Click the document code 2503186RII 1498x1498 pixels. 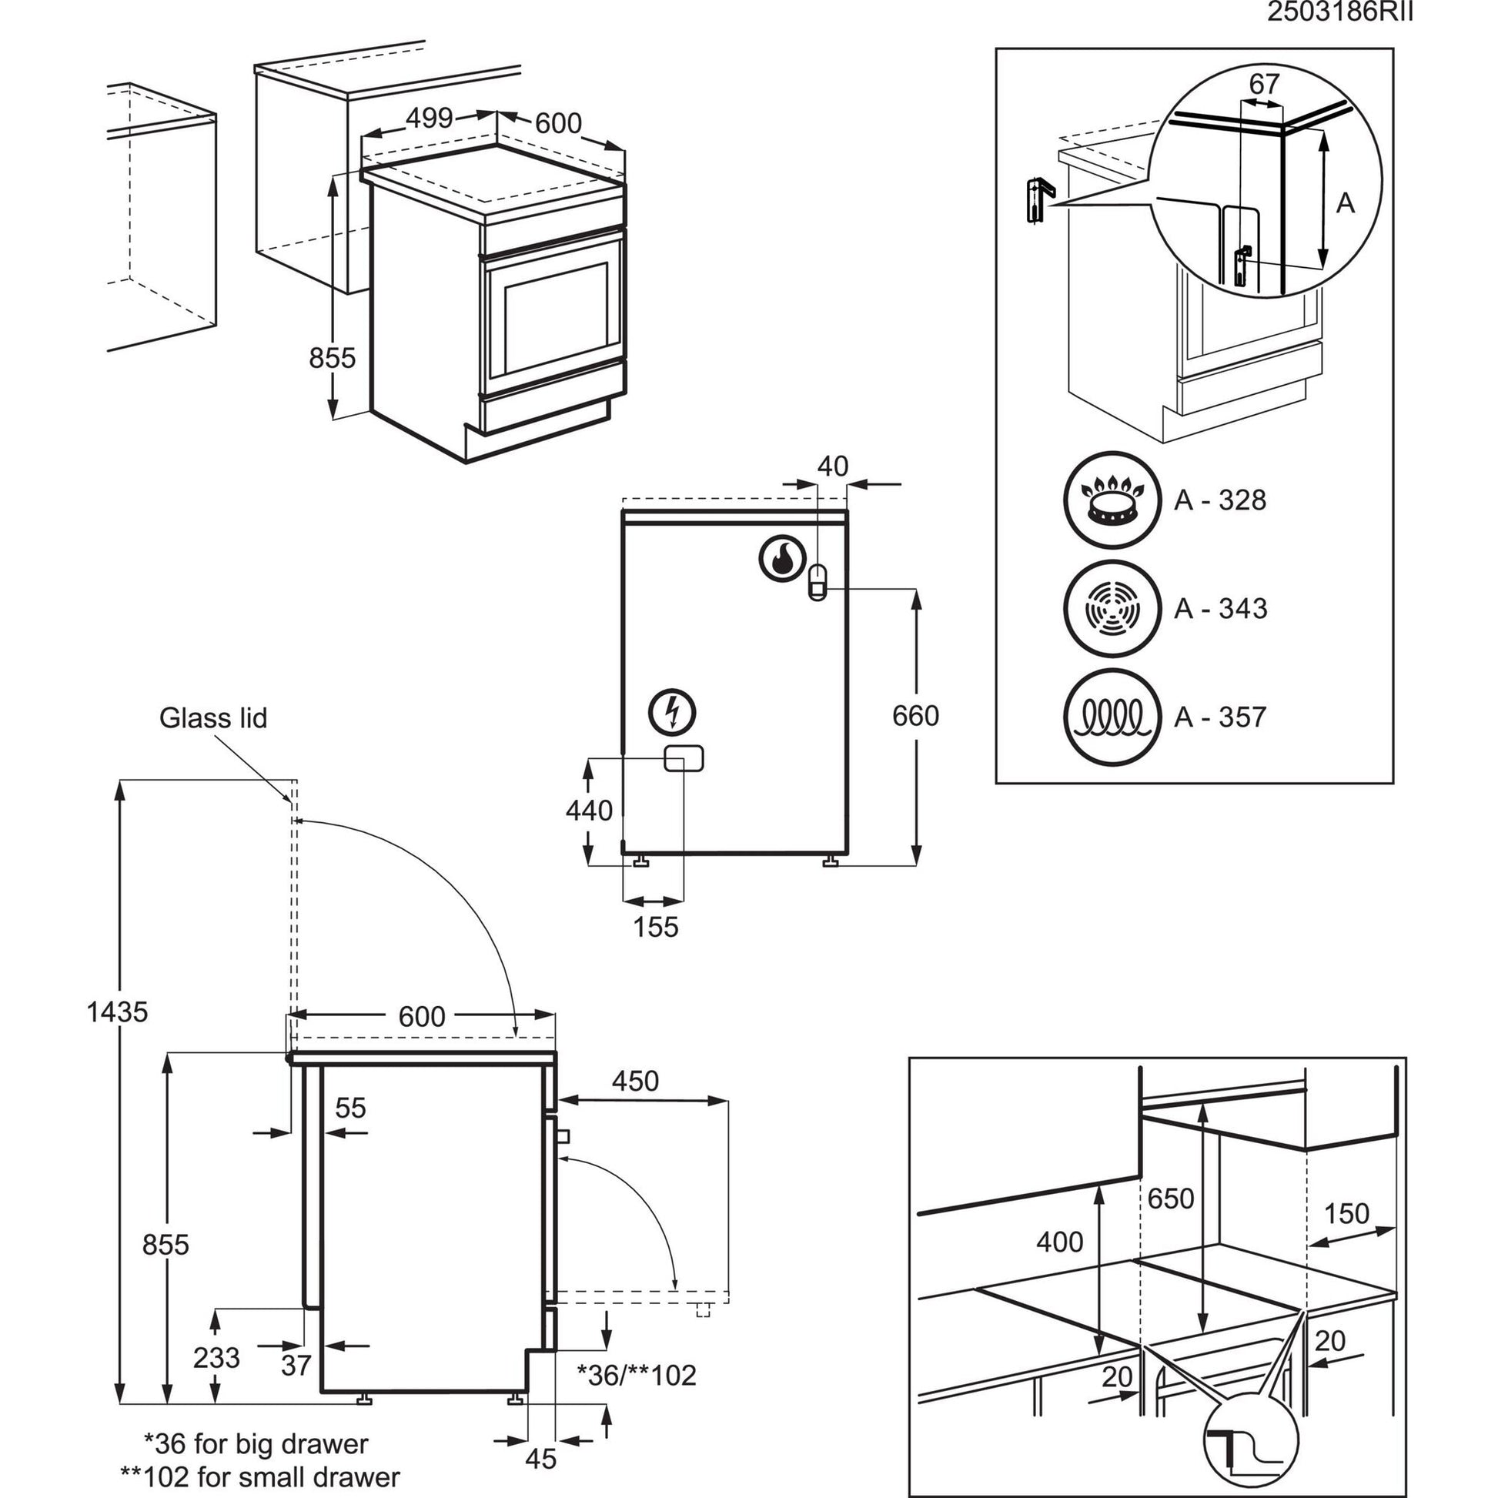1340,13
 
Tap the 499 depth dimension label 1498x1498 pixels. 430,118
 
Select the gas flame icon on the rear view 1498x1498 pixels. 779,557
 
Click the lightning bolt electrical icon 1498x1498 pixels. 673,711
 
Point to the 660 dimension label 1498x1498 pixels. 915,716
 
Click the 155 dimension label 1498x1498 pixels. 655,927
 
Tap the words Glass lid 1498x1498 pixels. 213,718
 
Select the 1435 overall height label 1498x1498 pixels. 117,1011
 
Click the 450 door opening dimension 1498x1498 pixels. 635,1081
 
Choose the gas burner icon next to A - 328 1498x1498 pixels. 1112,500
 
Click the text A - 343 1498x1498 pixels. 1220,609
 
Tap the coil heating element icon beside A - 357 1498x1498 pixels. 1112,717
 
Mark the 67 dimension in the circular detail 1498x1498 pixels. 1264,84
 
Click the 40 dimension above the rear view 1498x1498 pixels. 833,466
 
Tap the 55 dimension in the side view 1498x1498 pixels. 350,1108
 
